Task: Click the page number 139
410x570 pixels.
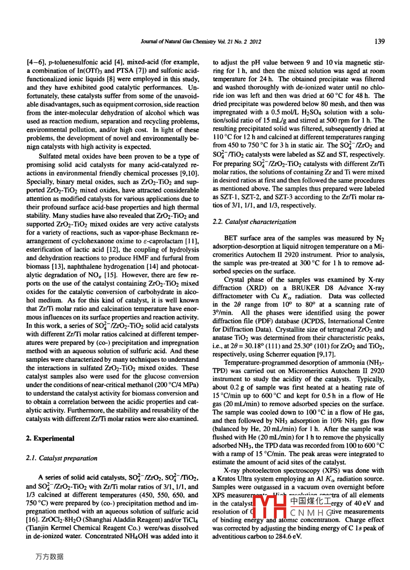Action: pos(379,41)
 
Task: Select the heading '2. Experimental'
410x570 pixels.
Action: pos(50,439)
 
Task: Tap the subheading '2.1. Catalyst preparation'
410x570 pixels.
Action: pos(62,458)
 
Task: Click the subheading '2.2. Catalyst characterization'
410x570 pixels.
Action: pos(254,222)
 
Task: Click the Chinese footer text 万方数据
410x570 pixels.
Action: pos(49,557)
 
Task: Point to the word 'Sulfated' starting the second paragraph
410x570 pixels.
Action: pos(51,156)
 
